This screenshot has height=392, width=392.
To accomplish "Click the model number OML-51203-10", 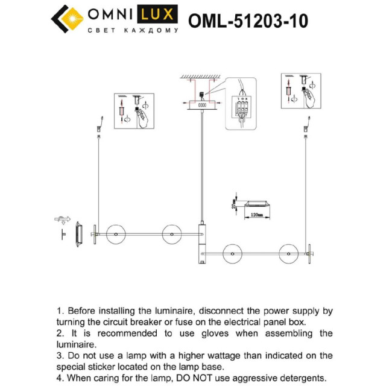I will pyautogui.click(x=248, y=21).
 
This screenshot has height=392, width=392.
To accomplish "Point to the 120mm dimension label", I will pyautogui.click(x=258, y=214).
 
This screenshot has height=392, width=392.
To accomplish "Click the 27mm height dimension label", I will pyautogui.click(x=234, y=203).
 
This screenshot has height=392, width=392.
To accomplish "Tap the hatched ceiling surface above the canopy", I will pyautogui.click(x=201, y=77).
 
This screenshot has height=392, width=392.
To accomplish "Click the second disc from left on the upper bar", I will pyautogui.click(x=171, y=233).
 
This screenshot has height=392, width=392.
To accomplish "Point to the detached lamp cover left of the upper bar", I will pyautogui.click(x=78, y=234).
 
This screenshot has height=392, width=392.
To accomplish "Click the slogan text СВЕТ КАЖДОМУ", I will pyautogui.click(x=133, y=30).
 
